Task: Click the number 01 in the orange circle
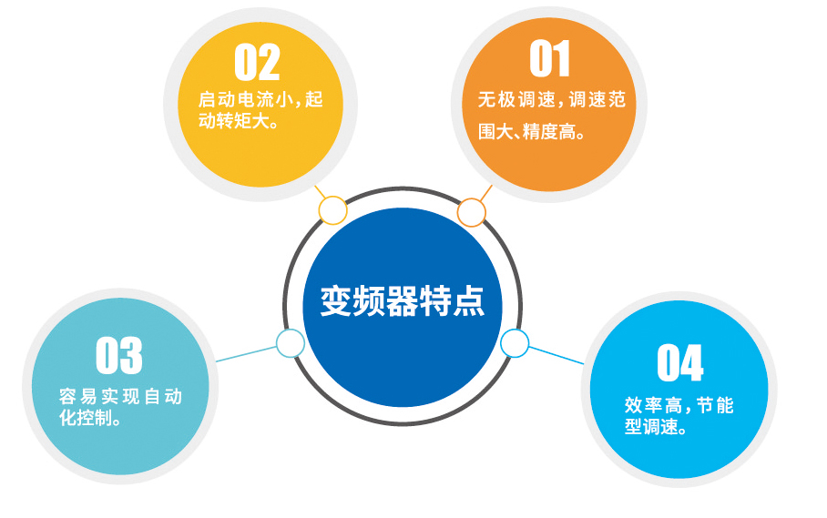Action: click(x=549, y=58)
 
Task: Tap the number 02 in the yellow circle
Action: click(x=257, y=62)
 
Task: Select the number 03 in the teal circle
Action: click(x=119, y=355)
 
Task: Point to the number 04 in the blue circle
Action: click(x=679, y=362)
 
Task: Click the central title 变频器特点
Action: click(x=403, y=301)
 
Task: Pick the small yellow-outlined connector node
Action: click(x=332, y=210)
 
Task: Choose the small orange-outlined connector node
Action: click(x=471, y=212)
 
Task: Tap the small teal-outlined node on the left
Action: click(x=290, y=343)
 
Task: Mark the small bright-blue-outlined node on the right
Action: click(x=515, y=343)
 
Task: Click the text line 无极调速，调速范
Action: click(x=552, y=99)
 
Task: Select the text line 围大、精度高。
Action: click(x=532, y=131)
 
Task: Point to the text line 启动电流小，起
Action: click(x=260, y=99)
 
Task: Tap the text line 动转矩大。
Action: click(x=239, y=121)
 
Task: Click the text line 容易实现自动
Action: click(x=121, y=396)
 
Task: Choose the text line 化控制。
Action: click(x=90, y=417)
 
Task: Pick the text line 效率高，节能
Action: click(x=679, y=405)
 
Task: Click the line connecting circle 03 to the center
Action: click(x=246, y=353)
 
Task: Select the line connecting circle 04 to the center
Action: click(x=556, y=355)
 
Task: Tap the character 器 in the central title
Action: click(x=403, y=301)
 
